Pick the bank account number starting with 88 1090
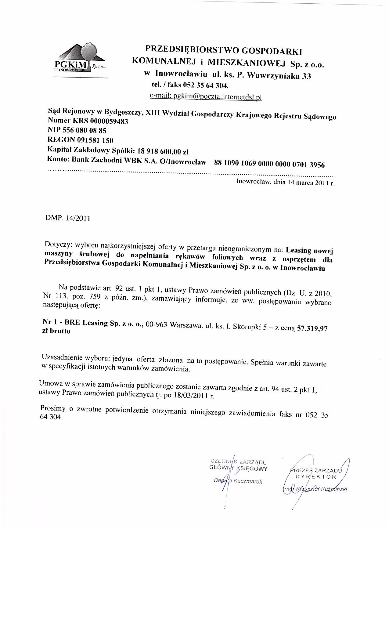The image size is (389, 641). click(x=270, y=164)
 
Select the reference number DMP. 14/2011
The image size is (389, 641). click(x=68, y=219)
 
